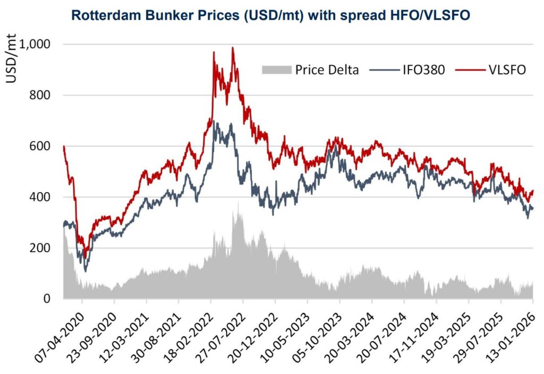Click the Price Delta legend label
pyautogui.click(x=327, y=70)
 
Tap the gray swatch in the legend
pyautogui.click(x=277, y=70)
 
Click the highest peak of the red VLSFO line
pyautogui.click(x=233, y=48)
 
